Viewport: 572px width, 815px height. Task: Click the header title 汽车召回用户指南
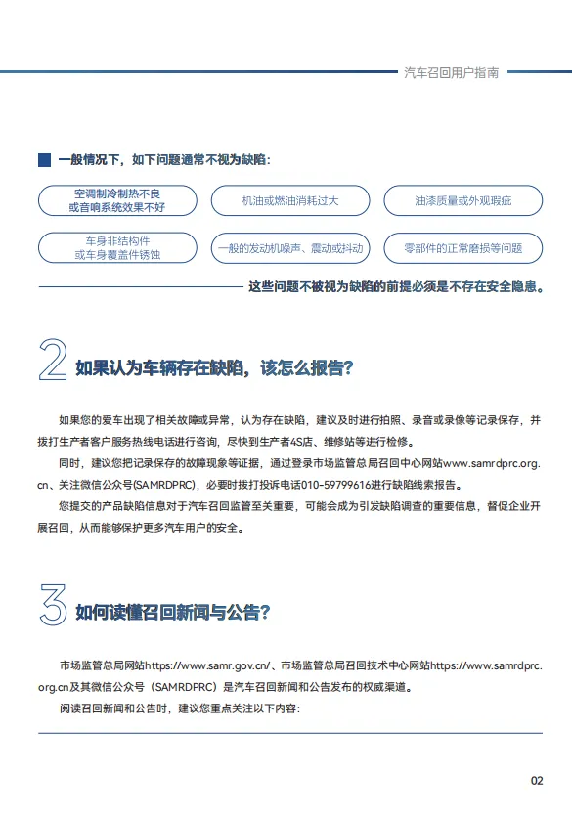[x=451, y=72]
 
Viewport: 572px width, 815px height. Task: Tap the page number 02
[x=537, y=780]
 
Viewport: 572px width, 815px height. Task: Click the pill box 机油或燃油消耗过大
[x=289, y=200]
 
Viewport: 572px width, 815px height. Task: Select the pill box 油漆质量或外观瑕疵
[x=462, y=200]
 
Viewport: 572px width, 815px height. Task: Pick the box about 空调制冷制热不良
[x=117, y=200]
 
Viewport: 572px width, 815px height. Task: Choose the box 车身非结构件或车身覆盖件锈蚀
[x=117, y=247]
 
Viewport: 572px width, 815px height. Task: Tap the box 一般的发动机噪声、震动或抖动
[x=289, y=247]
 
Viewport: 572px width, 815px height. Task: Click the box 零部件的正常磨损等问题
[x=462, y=247]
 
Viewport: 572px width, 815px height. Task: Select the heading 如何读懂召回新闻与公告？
[x=173, y=613]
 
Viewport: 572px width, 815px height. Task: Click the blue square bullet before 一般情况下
[x=43, y=158]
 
